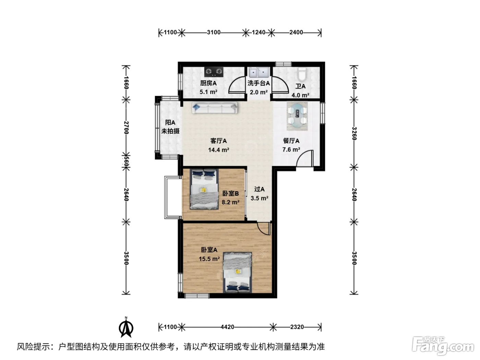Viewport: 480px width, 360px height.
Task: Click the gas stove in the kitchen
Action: (214, 71)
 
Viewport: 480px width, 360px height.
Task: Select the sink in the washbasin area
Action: (259, 72)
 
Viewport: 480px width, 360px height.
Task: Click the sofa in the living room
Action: (215, 108)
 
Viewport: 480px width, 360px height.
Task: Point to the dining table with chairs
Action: (297, 116)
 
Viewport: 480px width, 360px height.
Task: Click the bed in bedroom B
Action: (204, 189)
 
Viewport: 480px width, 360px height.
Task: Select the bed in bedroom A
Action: (238, 273)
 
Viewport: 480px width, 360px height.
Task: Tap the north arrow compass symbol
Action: (126, 327)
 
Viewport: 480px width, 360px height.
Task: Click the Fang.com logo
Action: (443, 346)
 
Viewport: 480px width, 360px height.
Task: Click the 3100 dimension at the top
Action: (214, 32)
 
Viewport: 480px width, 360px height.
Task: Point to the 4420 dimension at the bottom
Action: (227, 327)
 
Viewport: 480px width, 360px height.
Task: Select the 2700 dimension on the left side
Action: (126, 128)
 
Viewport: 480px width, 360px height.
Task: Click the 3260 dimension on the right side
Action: (354, 134)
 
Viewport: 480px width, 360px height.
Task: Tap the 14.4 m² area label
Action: (218, 150)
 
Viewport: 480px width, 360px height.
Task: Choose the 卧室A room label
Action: (209, 250)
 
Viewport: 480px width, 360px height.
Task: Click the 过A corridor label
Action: (259, 189)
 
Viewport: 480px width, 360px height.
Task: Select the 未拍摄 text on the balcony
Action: (170, 131)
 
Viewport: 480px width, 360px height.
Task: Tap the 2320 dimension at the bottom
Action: (297, 327)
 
